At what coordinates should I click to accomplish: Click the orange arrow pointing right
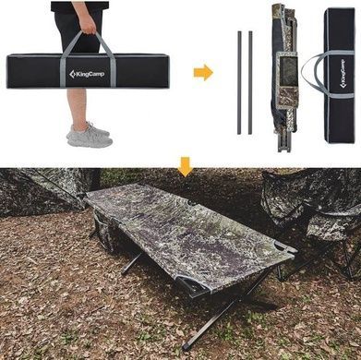point(203,73)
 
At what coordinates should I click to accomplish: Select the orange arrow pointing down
point(186,166)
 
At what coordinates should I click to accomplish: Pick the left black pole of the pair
point(239,82)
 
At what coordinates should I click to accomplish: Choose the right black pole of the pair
point(250,82)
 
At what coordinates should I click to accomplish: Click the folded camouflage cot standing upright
point(285,77)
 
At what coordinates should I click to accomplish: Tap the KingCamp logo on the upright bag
point(343,74)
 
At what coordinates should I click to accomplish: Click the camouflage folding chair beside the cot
point(312,220)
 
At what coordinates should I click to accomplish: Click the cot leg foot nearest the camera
point(186,347)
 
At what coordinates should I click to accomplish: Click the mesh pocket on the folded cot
point(289,72)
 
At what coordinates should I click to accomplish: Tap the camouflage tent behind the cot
point(46,190)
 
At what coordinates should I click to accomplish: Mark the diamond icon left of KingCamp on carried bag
point(72,74)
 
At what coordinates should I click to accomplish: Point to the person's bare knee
point(76,99)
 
